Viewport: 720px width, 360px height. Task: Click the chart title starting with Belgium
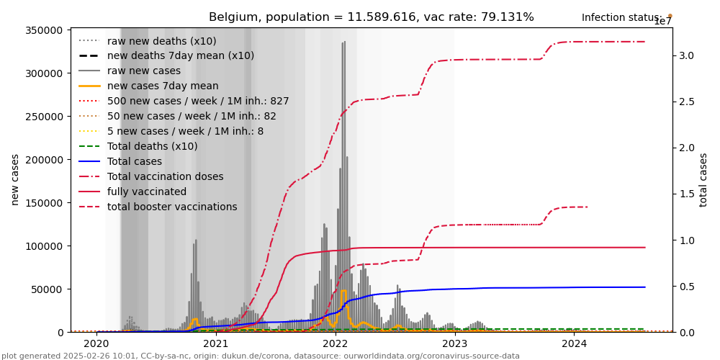pyautogui.click(x=371, y=17)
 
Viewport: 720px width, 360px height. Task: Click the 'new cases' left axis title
pyautogui.click(x=15, y=179)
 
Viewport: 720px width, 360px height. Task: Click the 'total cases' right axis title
pyautogui.click(x=703, y=179)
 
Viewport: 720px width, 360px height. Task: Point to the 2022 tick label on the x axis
pyautogui.click(x=336, y=344)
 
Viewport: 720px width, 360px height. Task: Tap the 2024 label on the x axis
pyautogui.click(x=574, y=344)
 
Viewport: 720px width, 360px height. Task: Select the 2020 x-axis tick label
pyautogui.click(x=96, y=344)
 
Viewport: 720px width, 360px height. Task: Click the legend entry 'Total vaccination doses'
pyautogui.click(x=165, y=176)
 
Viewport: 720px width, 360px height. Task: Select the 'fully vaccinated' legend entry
pyautogui.click(x=147, y=192)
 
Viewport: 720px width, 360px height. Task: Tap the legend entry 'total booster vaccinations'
pyautogui.click(x=172, y=207)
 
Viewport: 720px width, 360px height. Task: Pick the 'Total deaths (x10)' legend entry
pyautogui.click(x=152, y=146)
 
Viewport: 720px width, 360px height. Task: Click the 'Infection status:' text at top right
pyautogui.click(x=621, y=17)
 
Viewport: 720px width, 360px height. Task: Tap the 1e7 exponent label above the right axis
pyautogui.click(x=662, y=22)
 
